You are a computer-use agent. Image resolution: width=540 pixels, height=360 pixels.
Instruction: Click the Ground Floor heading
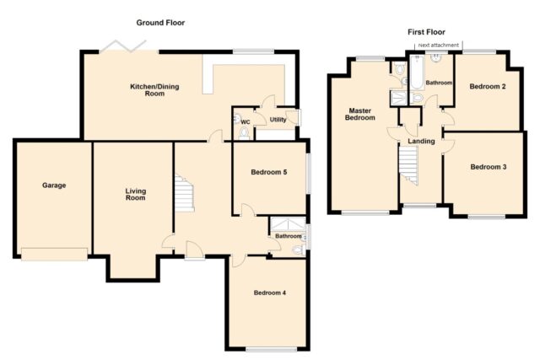[160, 23]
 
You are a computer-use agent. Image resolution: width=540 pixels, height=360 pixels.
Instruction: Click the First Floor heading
[426, 32]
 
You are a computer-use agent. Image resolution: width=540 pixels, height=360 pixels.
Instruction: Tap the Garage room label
[54, 185]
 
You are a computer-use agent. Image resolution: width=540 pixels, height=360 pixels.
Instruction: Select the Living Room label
[136, 194]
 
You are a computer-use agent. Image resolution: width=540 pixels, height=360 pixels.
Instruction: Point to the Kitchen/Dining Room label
[154, 90]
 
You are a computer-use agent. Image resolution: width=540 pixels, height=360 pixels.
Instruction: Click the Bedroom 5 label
[269, 172]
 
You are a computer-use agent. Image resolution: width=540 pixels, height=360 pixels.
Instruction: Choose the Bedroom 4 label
[270, 293]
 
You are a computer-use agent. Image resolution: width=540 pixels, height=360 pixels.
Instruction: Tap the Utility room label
[278, 120]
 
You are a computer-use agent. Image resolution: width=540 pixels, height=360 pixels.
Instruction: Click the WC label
[246, 122]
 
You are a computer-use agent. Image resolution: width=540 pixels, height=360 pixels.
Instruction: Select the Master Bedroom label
[360, 114]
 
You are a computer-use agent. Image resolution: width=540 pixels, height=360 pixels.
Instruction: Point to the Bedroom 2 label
[488, 86]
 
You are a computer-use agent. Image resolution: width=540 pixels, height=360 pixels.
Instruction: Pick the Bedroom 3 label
[489, 167]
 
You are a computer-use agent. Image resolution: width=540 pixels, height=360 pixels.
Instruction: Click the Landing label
[421, 141]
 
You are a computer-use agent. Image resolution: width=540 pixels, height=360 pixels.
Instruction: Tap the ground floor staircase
[184, 193]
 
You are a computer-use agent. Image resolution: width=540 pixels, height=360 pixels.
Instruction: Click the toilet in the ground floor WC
[244, 132]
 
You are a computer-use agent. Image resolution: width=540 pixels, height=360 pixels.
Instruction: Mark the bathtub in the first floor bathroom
[417, 73]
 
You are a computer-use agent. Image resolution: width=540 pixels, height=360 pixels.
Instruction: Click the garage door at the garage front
[54, 254]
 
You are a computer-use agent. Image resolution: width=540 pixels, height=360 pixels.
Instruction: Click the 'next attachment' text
[439, 45]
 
